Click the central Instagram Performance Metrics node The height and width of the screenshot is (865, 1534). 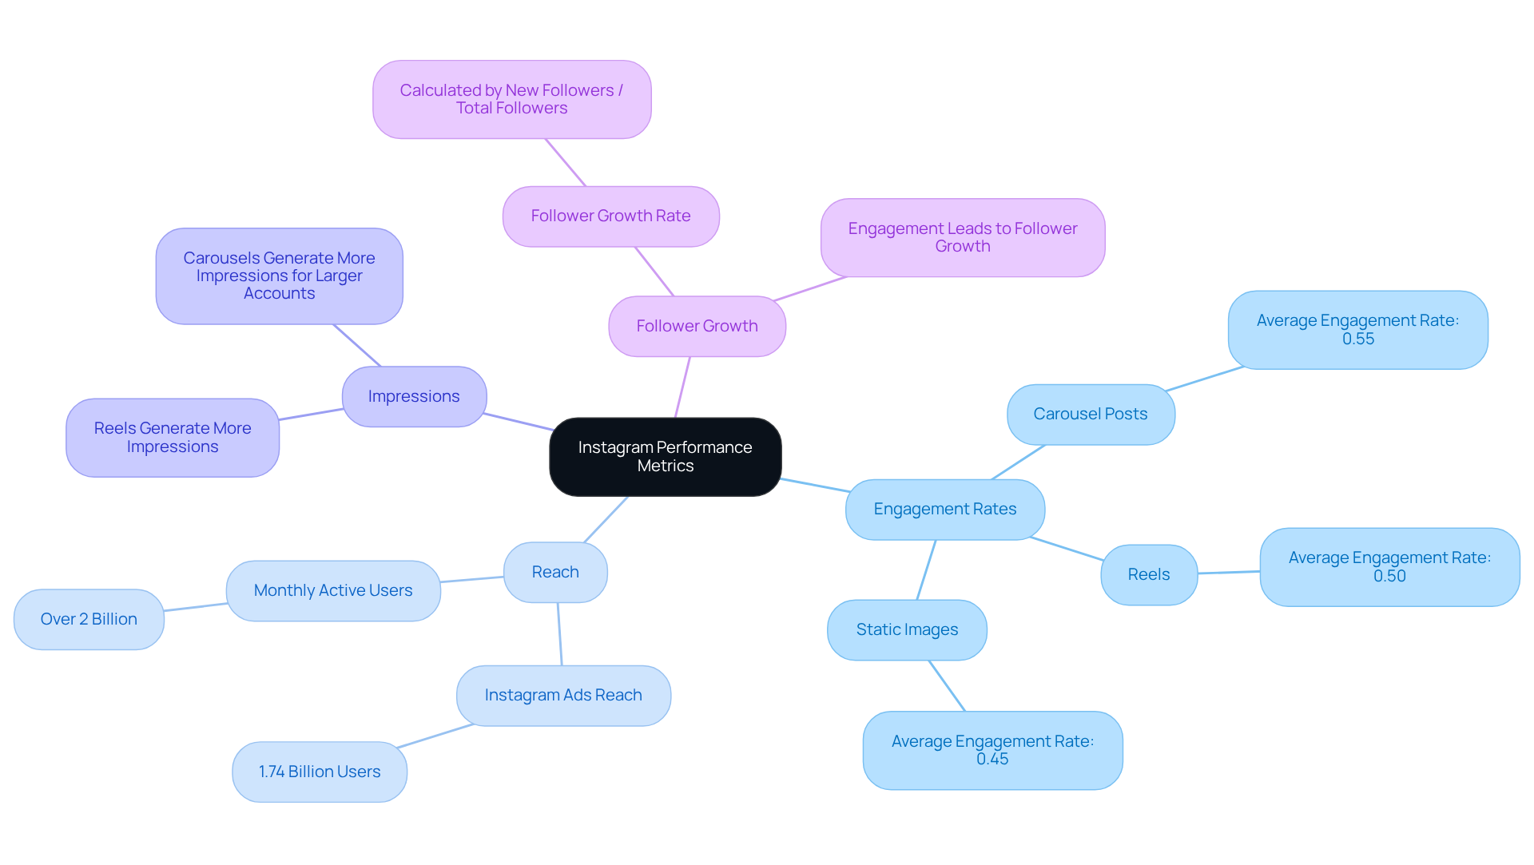[x=665, y=457]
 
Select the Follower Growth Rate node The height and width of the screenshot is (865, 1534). [x=610, y=216]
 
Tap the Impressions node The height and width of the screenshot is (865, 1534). [x=414, y=397]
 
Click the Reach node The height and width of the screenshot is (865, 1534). [x=555, y=573]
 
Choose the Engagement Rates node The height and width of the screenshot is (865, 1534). [x=944, y=510]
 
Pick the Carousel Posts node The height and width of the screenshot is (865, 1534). [x=1090, y=415]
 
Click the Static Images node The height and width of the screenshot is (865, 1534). [x=907, y=630]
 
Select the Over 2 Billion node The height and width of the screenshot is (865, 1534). [x=89, y=620]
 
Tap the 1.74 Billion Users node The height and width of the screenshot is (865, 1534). [x=320, y=772]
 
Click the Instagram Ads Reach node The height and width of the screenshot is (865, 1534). [x=563, y=696]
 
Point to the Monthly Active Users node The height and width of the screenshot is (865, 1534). [x=333, y=591]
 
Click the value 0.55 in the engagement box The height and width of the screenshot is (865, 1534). [x=1358, y=339]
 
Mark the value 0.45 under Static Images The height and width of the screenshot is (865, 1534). [x=992, y=760]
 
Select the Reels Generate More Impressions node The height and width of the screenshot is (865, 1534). [x=173, y=438]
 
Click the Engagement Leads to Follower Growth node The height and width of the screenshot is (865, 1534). [x=963, y=238]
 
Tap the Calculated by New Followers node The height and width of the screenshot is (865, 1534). [x=511, y=100]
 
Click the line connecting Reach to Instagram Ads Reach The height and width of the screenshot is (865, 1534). [x=559, y=634]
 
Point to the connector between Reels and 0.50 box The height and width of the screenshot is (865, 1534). [x=1229, y=573]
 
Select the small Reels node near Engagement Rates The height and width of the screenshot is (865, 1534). [x=1148, y=575]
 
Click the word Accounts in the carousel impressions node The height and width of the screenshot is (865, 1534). [x=279, y=294]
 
